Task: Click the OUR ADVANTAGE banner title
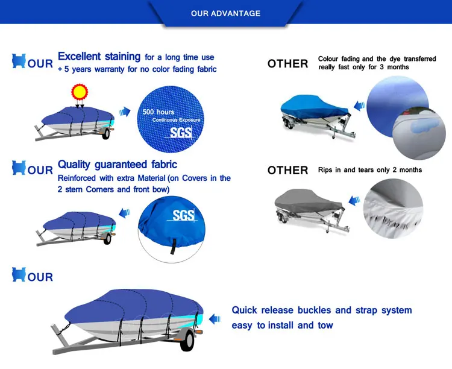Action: click(225, 13)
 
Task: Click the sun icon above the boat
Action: click(80, 92)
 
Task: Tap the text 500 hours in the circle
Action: click(159, 112)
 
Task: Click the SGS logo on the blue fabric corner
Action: click(183, 215)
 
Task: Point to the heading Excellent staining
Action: click(99, 57)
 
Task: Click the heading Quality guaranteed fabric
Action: click(118, 164)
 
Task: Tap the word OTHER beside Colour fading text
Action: click(287, 64)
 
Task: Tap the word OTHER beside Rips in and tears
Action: click(287, 171)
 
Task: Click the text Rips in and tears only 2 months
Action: click(370, 170)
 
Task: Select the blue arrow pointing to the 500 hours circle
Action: click(125, 112)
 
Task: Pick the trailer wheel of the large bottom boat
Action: click(187, 341)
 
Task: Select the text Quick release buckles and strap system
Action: click(322, 311)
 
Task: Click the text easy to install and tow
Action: click(282, 326)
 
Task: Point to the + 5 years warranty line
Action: click(137, 69)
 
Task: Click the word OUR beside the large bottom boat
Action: click(40, 277)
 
